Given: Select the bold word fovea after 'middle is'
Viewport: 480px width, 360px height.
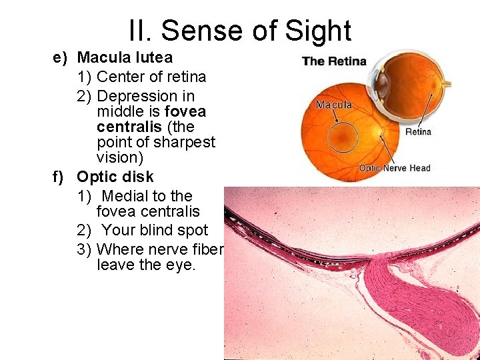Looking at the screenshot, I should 185,111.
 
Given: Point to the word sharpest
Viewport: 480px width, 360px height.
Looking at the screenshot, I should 184,142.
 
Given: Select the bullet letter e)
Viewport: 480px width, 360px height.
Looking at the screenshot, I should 61,57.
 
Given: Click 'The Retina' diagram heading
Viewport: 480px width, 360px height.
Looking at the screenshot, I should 335,61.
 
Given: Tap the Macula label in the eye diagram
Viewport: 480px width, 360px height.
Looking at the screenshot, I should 333,105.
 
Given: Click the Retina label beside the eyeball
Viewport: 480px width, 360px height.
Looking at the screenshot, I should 418,131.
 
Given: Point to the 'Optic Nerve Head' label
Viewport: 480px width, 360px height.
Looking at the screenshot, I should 395,168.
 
